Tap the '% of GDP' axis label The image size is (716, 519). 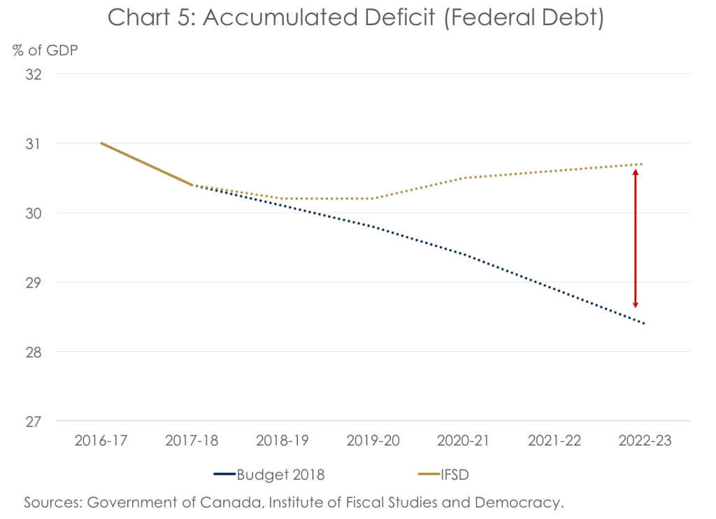click(43, 50)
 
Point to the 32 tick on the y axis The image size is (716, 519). click(33, 74)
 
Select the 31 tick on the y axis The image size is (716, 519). click(33, 143)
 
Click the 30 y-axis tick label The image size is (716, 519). click(33, 213)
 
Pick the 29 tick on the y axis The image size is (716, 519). click(33, 283)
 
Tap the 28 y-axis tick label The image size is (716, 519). click(33, 352)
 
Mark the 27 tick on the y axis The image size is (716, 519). click(33, 422)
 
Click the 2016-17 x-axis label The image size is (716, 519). click(101, 441)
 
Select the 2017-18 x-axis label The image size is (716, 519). click(192, 441)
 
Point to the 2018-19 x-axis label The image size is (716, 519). click(282, 441)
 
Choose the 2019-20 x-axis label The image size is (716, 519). click(372, 441)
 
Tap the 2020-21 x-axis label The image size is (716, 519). click(462, 441)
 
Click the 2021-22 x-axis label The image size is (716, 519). click(552, 441)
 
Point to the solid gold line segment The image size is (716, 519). click(147, 164)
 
